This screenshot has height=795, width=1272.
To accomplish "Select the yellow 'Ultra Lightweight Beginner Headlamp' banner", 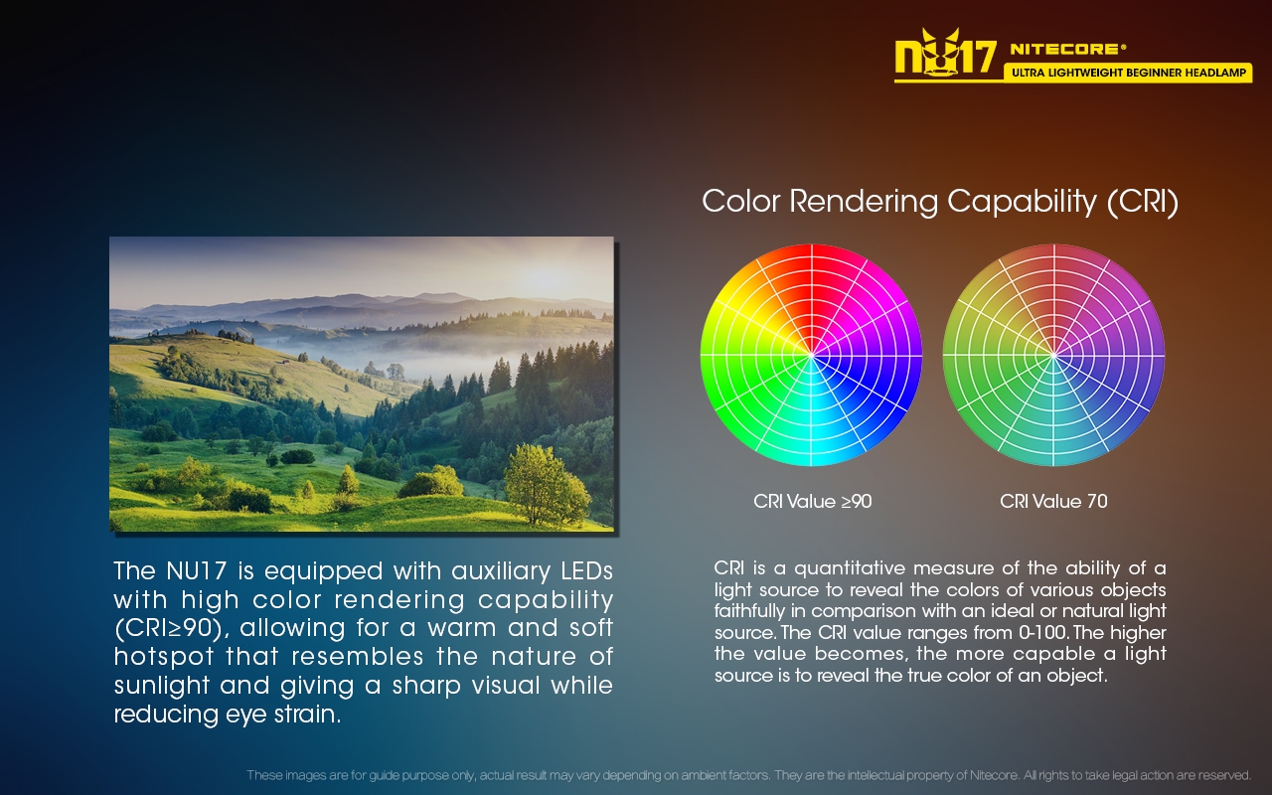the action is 1128,73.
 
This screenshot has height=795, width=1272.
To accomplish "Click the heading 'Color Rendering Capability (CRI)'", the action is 940,202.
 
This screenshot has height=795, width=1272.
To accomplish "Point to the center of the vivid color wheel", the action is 812,356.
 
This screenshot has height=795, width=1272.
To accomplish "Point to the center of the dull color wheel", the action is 1054,356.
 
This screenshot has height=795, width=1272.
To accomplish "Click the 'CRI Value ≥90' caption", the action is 812,502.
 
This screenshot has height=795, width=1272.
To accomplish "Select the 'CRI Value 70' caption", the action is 1053,502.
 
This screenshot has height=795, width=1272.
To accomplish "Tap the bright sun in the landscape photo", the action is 544,276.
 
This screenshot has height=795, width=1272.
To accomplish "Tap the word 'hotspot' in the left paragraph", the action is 164,658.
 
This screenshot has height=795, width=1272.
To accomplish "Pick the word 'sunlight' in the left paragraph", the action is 161,686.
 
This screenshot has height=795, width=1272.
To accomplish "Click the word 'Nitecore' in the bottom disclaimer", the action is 994,775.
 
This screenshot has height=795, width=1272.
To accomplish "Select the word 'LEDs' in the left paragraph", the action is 587,571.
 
